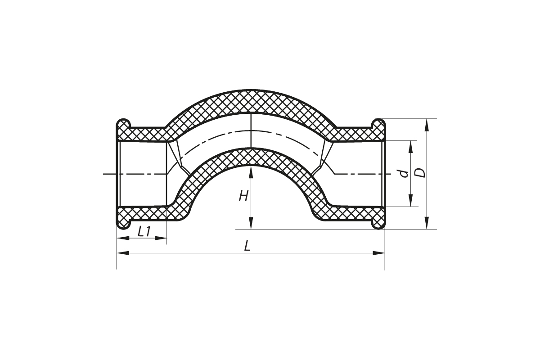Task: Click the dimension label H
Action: (243, 196)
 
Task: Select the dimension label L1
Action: (144, 232)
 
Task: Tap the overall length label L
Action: (247, 246)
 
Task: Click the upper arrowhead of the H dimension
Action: (251, 172)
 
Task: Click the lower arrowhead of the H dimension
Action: (251, 223)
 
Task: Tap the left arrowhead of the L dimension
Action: (123, 253)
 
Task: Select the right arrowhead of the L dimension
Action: (378, 253)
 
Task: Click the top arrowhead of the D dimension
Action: (427, 125)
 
